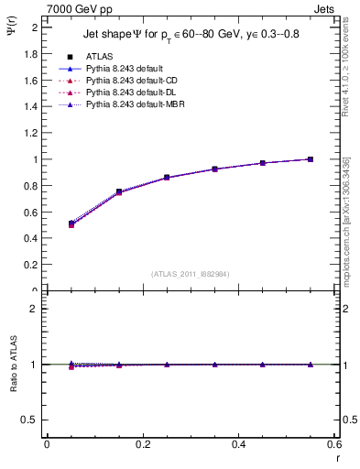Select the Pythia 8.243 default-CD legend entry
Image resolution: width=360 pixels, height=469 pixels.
click(x=128, y=81)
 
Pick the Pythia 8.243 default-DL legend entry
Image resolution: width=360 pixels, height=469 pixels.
click(x=127, y=93)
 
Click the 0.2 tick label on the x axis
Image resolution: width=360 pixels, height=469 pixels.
click(x=143, y=445)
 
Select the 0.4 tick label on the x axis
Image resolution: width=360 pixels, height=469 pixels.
click(x=239, y=445)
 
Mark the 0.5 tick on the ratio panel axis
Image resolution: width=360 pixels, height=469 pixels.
click(x=32, y=420)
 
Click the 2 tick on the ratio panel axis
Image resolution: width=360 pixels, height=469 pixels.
click(x=35, y=309)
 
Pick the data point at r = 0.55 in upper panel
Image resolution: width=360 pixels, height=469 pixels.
click(x=311, y=159)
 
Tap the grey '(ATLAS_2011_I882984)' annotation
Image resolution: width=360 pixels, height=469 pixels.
click(x=191, y=275)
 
